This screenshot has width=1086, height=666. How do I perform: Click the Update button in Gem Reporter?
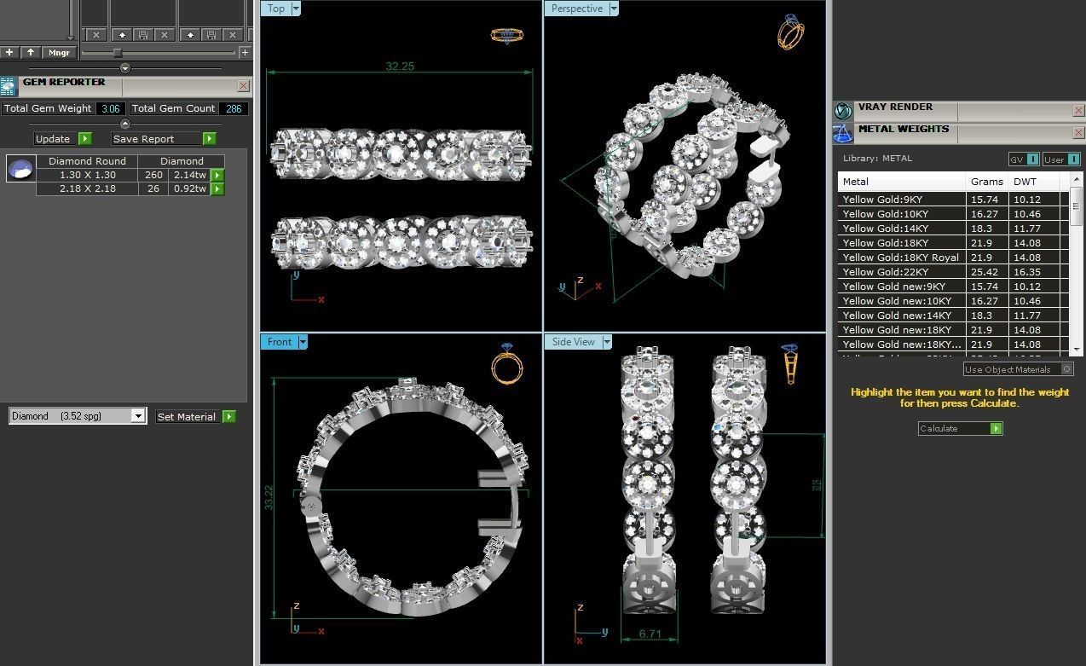click(53, 139)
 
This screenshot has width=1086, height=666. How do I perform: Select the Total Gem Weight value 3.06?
click(110, 108)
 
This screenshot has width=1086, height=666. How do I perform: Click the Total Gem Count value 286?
click(233, 108)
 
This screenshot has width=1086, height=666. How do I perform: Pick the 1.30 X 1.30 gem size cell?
click(87, 175)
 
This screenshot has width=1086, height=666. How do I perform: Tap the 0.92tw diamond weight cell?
click(189, 188)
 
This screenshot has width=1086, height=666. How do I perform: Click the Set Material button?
click(187, 417)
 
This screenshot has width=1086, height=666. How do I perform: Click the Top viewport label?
click(276, 9)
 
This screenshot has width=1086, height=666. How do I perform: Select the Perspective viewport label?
click(576, 9)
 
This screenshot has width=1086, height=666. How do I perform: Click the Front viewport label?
click(280, 342)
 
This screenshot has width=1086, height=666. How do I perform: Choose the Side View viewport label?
click(573, 342)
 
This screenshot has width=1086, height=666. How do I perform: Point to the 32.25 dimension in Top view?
click(400, 66)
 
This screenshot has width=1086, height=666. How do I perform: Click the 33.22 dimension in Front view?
click(269, 498)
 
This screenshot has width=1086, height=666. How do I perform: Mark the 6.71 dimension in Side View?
click(650, 634)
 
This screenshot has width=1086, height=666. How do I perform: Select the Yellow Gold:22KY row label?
click(885, 272)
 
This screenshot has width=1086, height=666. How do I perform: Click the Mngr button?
click(59, 53)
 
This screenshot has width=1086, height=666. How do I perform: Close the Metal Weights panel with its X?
click(1078, 132)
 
